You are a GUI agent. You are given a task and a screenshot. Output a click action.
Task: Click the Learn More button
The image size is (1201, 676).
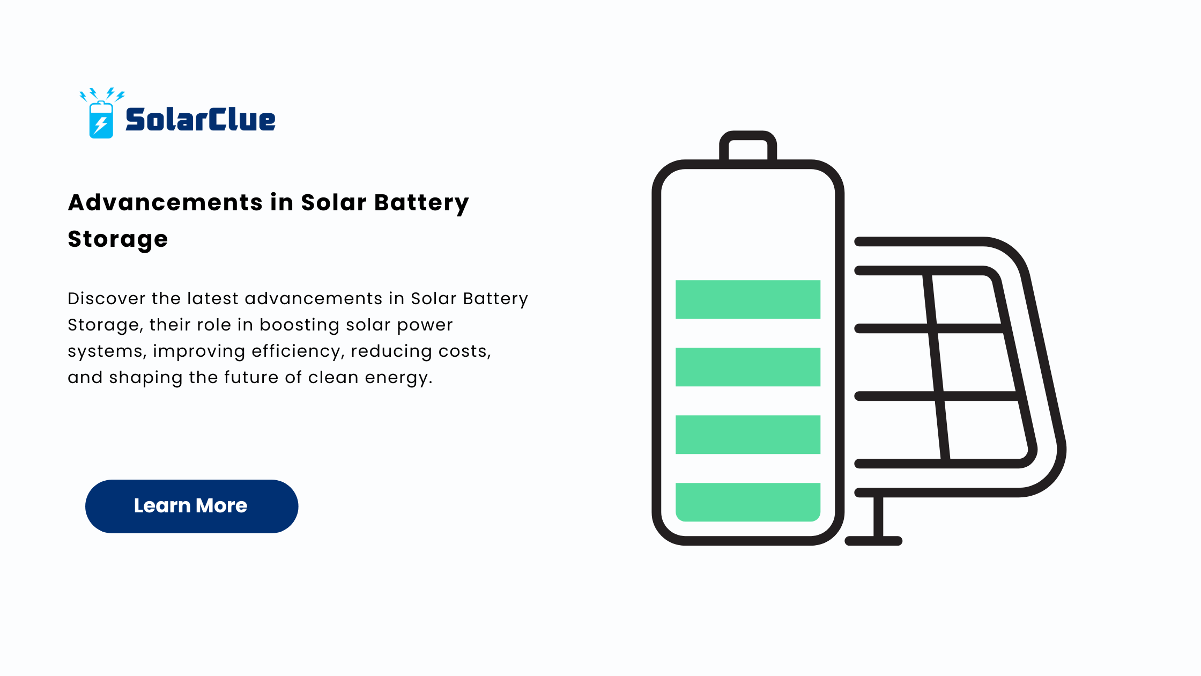tap(191, 506)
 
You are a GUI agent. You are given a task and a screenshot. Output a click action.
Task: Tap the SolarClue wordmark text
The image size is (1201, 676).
tap(201, 120)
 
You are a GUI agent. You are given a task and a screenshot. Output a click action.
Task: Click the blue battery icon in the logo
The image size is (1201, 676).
tap(101, 120)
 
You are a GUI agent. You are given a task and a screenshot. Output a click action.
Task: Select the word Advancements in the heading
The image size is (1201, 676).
tap(165, 202)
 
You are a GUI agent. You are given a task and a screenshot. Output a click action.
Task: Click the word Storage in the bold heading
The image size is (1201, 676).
tap(118, 239)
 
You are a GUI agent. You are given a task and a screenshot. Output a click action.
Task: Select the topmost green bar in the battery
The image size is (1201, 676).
tap(748, 299)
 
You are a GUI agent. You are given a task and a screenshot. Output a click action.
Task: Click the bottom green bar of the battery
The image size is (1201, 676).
tap(748, 502)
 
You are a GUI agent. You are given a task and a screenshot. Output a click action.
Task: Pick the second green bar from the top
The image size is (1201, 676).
tap(748, 367)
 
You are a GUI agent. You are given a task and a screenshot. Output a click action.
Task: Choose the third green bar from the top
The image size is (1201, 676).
tap(748, 435)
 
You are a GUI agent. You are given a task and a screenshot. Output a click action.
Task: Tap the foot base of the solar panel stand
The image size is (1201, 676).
tap(873, 541)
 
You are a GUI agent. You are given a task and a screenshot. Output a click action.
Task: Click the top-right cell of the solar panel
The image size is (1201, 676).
tap(966, 299)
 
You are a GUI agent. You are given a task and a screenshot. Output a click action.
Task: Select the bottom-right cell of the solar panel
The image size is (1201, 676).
tap(985, 430)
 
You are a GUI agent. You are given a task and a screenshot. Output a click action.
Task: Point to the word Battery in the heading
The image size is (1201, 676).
tap(421, 203)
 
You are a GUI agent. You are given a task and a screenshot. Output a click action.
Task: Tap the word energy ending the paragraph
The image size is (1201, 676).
tap(398, 378)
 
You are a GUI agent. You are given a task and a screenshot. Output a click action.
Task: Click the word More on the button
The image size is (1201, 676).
tap(221, 506)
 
